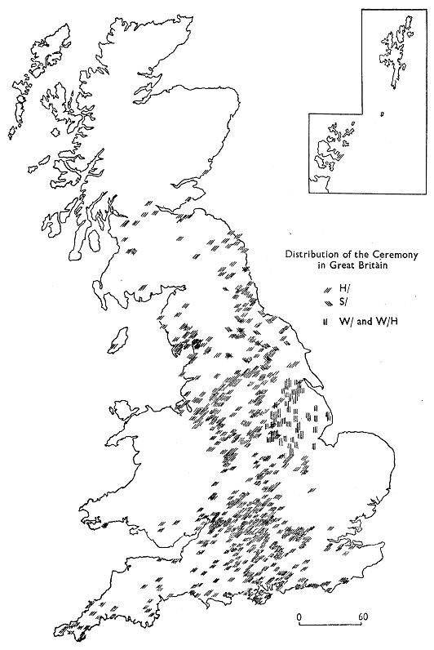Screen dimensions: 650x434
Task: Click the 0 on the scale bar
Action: (300, 614)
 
